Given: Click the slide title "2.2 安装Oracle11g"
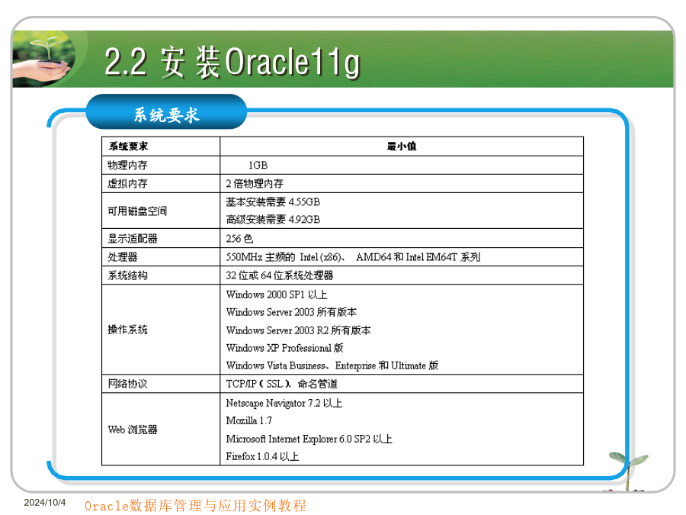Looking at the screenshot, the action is click(x=232, y=63).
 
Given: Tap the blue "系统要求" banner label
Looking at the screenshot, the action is click(x=167, y=114).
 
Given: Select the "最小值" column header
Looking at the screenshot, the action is click(x=402, y=146).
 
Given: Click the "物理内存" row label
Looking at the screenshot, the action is click(x=128, y=165).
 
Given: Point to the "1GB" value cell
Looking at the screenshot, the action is click(x=258, y=165).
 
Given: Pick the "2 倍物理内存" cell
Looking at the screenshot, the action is click(x=255, y=183).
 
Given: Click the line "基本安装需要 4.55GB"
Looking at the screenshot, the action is click(x=273, y=202).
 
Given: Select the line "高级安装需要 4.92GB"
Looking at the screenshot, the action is click(x=273, y=220).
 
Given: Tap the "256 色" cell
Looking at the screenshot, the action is click(x=239, y=239).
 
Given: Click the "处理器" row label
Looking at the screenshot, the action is click(x=123, y=257).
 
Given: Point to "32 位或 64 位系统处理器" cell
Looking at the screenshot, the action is click(x=280, y=275).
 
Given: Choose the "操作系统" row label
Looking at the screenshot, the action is click(x=128, y=330).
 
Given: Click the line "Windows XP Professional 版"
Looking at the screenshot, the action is click(x=285, y=348).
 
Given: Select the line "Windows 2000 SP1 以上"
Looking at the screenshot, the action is click(x=277, y=295).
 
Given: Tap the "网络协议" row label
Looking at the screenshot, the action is click(x=128, y=384).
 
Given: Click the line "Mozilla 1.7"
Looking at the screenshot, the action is click(x=249, y=421).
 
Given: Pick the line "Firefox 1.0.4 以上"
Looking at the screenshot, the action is click(x=262, y=457).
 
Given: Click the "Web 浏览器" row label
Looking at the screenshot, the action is click(x=133, y=430).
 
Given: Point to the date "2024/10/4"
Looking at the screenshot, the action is click(x=45, y=502).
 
